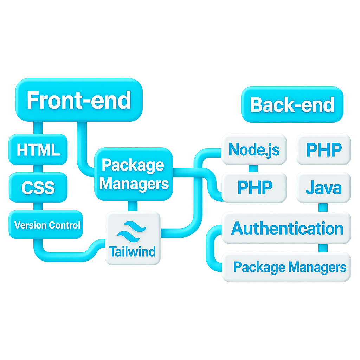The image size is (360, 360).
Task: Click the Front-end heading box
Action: pyautogui.click(x=79, y=100)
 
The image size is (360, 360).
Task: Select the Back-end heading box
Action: pyautogui.click(x=292, y=105)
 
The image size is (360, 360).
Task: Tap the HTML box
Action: pyautogui.click(x=38, y=149)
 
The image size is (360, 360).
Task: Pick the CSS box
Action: pyautogui.click(x=38, y=187)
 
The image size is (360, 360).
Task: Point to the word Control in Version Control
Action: pyautogui.click(x=64, y=225)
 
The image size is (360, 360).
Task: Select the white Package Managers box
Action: pyautogui.click(x=286, y=267)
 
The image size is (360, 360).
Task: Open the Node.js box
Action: pyautogui.click(x=254, y=149)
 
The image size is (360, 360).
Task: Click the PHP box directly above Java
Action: pyautogui.click(x=323, y=149)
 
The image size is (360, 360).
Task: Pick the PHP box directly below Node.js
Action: pyautogui.click(x=254, y=187)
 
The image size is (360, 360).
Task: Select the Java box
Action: pyautogui.click(x=323, y=187)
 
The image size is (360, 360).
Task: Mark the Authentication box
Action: pyautogui.click(x=286, y=229)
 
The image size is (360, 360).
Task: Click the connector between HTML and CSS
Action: pyautogui.click(x=38, y=169)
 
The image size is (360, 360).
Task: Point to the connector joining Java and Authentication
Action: pyautogui.click(x=323, y=207)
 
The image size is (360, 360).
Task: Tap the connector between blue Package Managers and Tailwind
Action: pyautogui.click(x=133, y=206)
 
